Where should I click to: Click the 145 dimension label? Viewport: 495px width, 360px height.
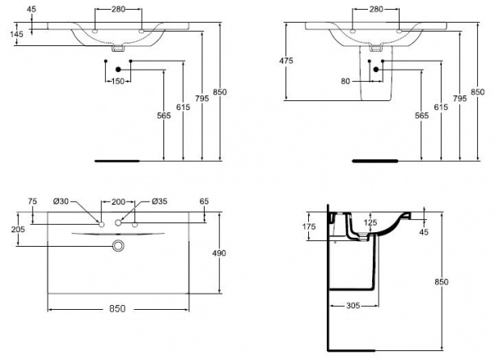coord(16,34)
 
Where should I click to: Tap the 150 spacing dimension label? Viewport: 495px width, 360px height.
coord(118,82)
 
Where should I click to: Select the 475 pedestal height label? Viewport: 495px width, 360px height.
coord(286,61)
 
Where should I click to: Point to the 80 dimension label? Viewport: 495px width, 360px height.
coord(345,82)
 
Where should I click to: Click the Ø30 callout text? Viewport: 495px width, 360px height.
coord(61,201)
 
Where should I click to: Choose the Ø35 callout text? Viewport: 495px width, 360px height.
coord(159,201)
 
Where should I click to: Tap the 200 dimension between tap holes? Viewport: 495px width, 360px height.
coord(118,201)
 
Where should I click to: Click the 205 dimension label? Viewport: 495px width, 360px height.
coord(18,229)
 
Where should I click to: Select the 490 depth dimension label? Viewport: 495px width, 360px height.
coord(219,253)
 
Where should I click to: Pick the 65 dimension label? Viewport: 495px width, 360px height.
coord(205,201)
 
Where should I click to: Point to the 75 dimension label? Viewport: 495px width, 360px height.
coord(32,201)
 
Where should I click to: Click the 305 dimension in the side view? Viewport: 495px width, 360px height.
coord(353,305)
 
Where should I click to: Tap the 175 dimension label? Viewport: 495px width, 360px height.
coord(309,227)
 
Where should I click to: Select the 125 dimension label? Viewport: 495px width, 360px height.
coord(370,222)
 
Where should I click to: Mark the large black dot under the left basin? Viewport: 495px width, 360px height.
coord(118,70)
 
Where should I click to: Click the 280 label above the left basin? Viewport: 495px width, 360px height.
coord(118,10)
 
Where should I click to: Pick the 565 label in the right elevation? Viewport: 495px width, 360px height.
coord(421,116)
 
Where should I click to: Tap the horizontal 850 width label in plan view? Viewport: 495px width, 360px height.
coord(117,308)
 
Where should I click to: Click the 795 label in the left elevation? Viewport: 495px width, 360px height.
coord(201,99)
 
